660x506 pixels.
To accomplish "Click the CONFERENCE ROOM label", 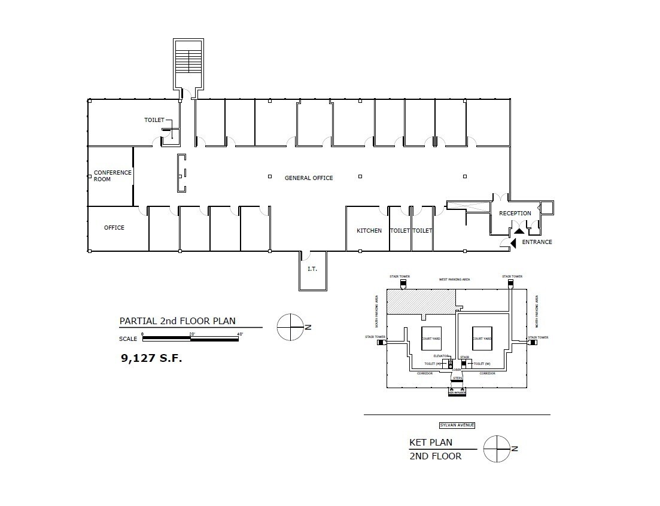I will click(x=112, y=176).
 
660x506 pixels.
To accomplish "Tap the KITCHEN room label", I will click(x=369, y=231).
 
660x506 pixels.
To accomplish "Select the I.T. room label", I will click(x=312, y=269).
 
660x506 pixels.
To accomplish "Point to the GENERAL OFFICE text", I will click(x=309, y=178).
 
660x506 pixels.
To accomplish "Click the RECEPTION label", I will click(x=515, y=214).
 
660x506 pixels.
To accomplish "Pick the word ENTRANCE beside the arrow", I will click(x=537, y=242).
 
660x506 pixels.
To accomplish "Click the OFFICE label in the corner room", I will click(x=114, y=228).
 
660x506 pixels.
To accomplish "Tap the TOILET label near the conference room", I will click(x=154, y=120).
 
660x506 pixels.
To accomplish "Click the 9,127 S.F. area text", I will click(x=151, y=359).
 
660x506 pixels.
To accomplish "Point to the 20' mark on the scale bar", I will click(x=191, y=333).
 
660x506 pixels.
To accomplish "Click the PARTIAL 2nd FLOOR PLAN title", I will click(x=177, y=321).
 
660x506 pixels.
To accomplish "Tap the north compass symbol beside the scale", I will click(x=291, y=327).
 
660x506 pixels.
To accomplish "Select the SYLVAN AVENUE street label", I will click(x=457, y=425).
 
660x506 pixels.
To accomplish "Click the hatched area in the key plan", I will click(x=421, y=302).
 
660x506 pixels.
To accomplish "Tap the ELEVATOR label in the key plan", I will click(x=442, y=356).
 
